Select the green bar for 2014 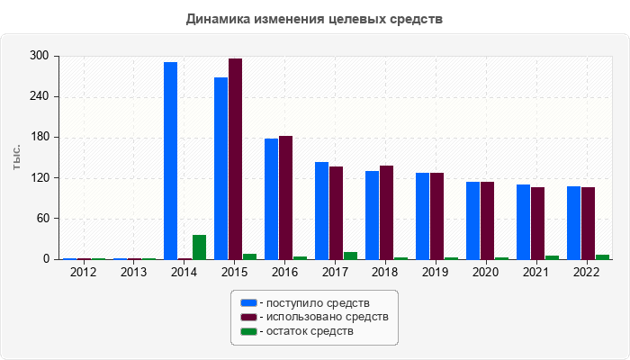tap(199, 247)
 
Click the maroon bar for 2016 tap(285, 197)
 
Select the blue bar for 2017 tap(321, 211)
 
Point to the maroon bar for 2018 tap(386, 212)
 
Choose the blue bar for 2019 tap(422, 216)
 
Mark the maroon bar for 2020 tap(487, 220)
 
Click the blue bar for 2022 tap(573, 222)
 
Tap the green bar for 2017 tap(350, 256)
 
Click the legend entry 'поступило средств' tap(313, 302)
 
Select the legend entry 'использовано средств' tap(323, 317)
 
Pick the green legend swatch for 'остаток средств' tap(247, 331)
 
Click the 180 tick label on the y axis tap(40, 138)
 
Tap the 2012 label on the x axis tap(84, 272)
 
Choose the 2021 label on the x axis tap(537, 272)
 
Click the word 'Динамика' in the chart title tap(217, 18)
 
